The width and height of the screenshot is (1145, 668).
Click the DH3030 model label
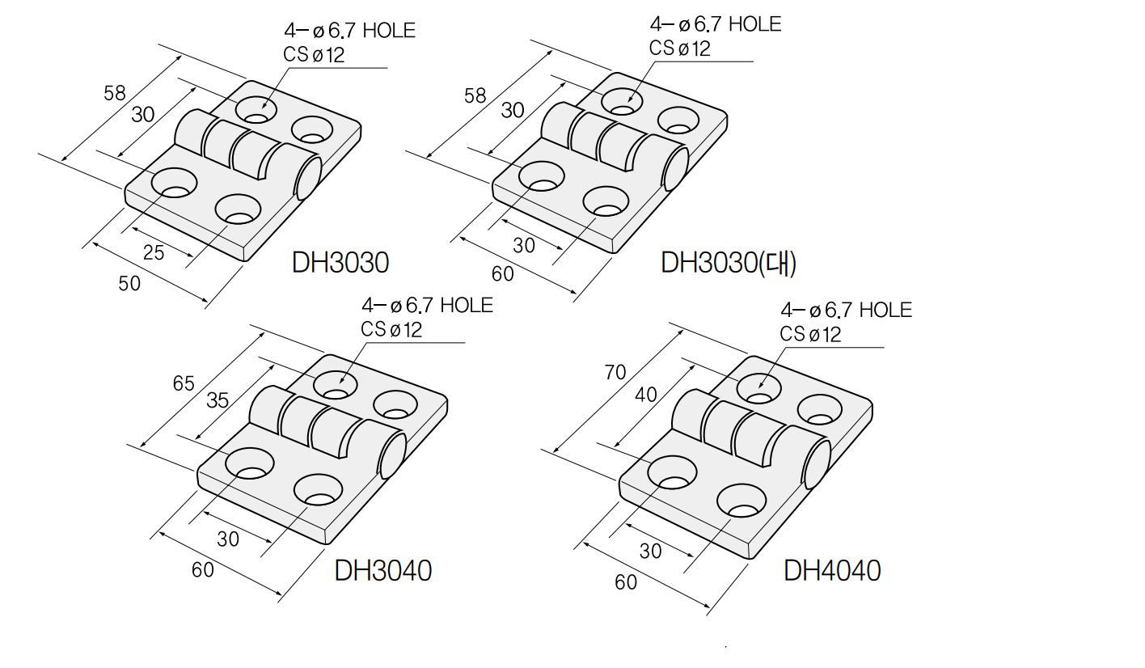[x=340, y=263]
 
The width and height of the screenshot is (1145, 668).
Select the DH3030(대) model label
[x=729, y=263]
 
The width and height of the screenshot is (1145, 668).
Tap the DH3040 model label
[x=383, y=570]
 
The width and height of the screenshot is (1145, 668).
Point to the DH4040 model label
[x=832, y=570]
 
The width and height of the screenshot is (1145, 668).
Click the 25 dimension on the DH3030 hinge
[x=154, y=253]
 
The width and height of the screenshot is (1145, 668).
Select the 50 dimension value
[x=129, y=283]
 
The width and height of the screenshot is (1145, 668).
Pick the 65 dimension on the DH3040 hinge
[x=184, y=383]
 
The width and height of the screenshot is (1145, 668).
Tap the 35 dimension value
[x=218, y=400]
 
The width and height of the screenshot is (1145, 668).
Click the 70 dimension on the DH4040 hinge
[x=615, y=372]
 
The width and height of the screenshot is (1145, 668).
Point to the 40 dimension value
[x=646, y=395]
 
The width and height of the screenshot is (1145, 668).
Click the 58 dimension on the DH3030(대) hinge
[x=475, y=95]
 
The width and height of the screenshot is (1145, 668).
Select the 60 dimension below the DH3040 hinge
[x=203, y=569]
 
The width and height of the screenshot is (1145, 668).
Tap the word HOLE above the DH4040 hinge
[x=885, y=310]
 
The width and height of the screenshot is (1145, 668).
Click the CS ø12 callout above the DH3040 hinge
[x=391, y=329]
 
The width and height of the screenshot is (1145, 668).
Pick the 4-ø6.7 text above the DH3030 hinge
[x=319, y=31]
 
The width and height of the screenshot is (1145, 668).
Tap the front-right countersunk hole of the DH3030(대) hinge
[x=606, y=201]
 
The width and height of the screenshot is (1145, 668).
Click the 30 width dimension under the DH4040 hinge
[x=650, y=551]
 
